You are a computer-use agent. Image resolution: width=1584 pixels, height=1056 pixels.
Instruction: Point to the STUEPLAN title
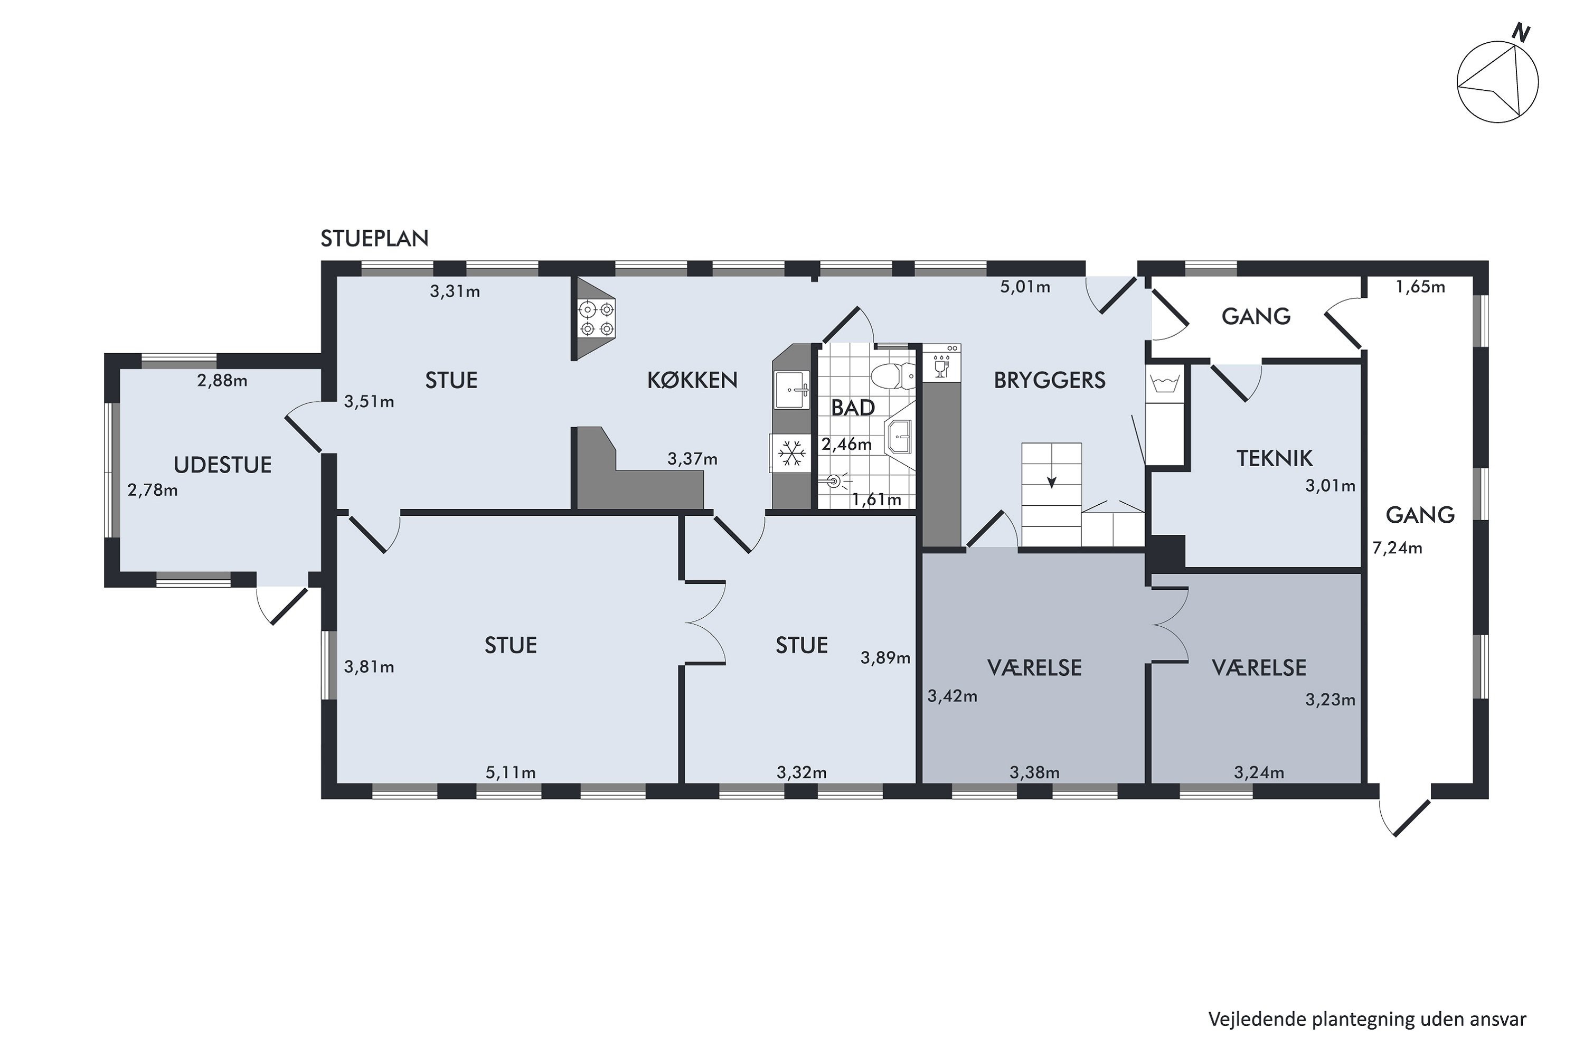(x=374, y=239)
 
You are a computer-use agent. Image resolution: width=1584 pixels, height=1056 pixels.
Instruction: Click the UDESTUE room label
(x=223, y=465)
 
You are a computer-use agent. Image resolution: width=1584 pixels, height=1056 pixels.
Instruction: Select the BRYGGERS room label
(x=1049, y=381)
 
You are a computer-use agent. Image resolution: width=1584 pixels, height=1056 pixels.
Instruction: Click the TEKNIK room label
(x=1274, y=459)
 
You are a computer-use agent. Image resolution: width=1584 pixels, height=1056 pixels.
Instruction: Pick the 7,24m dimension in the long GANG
(x=1398, y=548)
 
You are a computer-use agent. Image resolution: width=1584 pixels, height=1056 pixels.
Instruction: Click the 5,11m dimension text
(x=511, y=772)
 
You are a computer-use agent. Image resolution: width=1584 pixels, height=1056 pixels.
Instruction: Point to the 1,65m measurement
(x=1420, y=287)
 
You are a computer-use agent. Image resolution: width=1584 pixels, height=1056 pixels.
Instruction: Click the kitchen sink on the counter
(x=793, y=389)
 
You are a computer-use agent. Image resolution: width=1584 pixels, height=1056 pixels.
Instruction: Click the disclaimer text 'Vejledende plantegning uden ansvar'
(x=1367, y=1019)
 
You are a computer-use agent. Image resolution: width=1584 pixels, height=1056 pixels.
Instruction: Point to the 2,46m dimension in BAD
(x=846, y=444)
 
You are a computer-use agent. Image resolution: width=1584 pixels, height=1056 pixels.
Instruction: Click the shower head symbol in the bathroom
(x=836, y=481)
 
